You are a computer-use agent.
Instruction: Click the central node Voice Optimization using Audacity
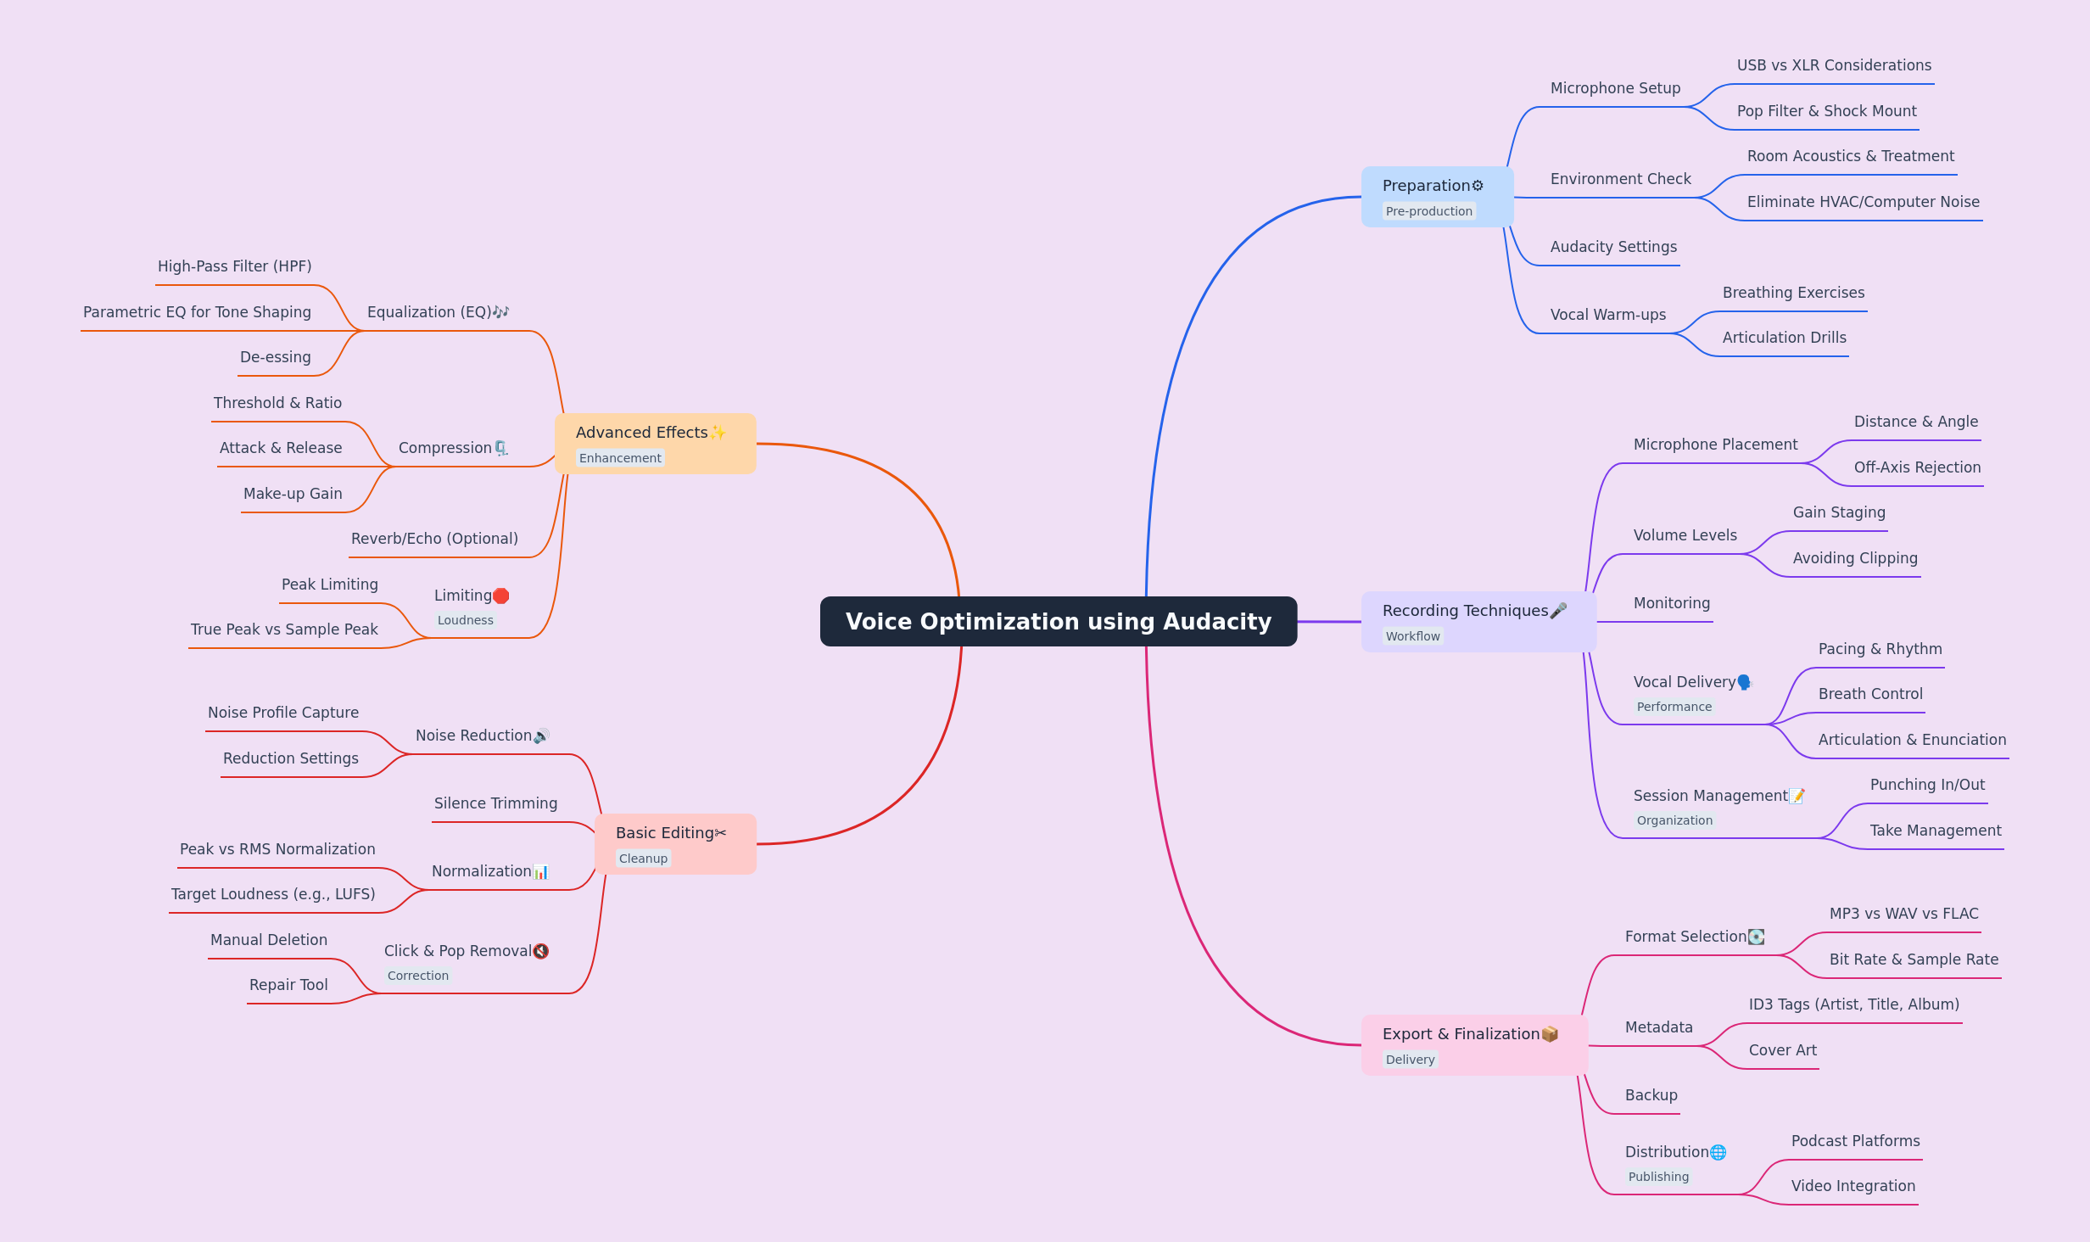pos(1059,621)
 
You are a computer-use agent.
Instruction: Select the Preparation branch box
pos(1437,197)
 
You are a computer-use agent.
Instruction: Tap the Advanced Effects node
pos(655,444)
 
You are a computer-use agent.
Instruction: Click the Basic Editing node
pos(675,844)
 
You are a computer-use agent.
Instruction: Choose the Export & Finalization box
pos(1474,1045)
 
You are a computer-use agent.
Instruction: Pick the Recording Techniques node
pos(1478,622)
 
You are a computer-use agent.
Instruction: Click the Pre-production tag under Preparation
pos(1429,211)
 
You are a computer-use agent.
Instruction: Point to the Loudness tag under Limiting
pos(466,620)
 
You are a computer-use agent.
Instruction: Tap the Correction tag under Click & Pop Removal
pos(418,976)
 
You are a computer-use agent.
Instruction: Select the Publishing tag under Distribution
pos(1659,1177)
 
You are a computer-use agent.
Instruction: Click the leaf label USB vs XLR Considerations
pos(1834,65)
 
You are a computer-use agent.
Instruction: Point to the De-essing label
pos(276,357)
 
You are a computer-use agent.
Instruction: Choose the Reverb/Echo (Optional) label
pos(434,539)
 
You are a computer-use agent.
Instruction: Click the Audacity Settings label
pos(1613,247)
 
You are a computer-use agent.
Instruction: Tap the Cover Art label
pos(1783,1050)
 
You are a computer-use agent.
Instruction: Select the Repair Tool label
pos(288,985)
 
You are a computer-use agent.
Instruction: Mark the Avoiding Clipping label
pos(1855,558)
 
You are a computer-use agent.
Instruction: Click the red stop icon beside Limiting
pos(501,596)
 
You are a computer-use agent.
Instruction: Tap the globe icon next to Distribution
pos(1718,1152)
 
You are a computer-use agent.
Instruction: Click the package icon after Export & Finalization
pos(1550,1034)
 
